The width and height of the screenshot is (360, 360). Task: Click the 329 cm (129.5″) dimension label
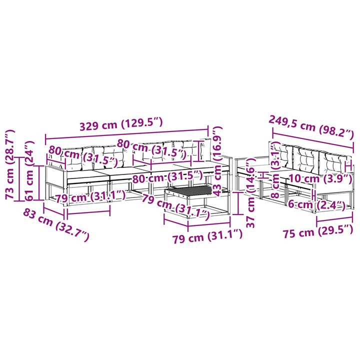tap(121, 124)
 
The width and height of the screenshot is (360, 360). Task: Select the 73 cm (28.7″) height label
tap(10, 164)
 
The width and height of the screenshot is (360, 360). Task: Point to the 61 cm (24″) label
tap(29, 171)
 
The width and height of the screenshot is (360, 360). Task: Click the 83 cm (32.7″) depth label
tap(56, 225)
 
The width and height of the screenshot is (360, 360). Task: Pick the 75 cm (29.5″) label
tap(318, 232)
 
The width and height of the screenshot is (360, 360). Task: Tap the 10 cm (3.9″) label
tap(320, 178)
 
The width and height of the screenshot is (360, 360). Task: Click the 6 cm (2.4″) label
tap(317, 204)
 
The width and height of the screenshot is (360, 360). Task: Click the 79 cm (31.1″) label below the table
tap(207, 236)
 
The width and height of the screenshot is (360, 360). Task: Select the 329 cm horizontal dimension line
tap(126, 134)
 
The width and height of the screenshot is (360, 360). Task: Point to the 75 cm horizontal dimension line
tap(334, 219)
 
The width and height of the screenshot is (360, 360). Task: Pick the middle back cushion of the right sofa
tap(306, 159)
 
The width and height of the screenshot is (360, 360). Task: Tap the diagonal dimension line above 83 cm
tap(53, 211)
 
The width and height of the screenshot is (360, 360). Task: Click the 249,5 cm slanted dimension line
tap(312, 141)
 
